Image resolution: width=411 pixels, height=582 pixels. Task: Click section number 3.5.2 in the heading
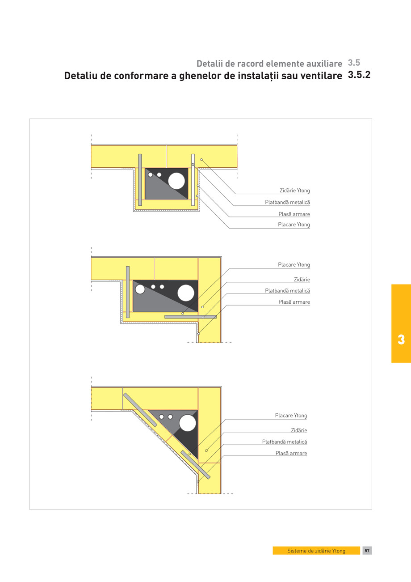click(x=359, y=75)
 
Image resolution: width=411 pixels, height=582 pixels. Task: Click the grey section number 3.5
click(x=354, y=63)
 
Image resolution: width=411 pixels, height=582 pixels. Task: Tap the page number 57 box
click(x=367, y=551)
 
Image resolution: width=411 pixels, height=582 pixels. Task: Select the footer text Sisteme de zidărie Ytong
click(x=316, y=551)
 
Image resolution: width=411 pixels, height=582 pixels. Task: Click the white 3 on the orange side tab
click(x=401, y=340)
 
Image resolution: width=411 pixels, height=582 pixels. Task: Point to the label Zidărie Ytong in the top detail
click(x=294, y=191)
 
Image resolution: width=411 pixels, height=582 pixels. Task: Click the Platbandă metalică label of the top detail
click(x=287, y=202)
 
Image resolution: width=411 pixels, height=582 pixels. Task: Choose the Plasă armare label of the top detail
click(x=294, y=214)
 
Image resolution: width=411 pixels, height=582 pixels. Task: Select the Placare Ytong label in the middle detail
click(x=294, y=265)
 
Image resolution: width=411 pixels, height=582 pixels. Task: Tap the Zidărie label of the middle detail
click(x=302, y=280)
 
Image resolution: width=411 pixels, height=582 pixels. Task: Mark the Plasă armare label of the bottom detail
click(x=291, y=453)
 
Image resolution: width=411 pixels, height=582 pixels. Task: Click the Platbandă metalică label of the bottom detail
click(x=285, y=442)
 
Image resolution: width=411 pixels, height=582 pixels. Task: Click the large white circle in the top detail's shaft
click(x=176, y=181)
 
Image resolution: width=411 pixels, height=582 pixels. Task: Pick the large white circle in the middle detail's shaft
click(x=186, y=293)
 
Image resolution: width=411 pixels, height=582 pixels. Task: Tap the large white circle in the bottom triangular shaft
click(x=187, y=423)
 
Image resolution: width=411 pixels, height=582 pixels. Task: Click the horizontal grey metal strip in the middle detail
click(x=190, y=317)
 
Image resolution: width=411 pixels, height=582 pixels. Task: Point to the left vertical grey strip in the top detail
click(x=140, y=180)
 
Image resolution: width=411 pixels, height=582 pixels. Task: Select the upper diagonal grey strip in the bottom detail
click(x=140, y=410)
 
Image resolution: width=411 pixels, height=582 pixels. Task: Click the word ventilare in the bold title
click(x=321, y=76)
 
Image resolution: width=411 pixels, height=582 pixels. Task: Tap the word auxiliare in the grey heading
click(x=321, y=64)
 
